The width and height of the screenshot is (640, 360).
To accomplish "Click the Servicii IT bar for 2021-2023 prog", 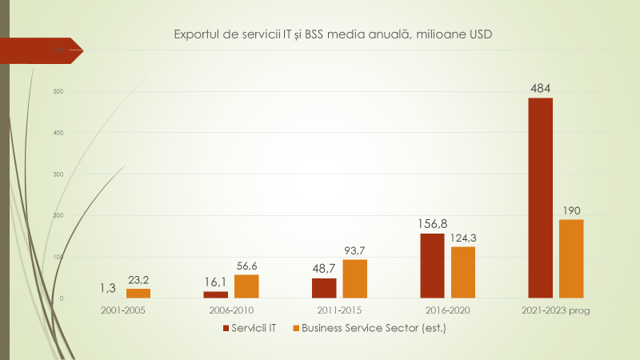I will click(540, 198).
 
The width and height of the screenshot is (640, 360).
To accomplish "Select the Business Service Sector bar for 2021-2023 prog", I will click(571, 258).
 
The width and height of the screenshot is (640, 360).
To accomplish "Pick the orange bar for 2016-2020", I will click(463, 272).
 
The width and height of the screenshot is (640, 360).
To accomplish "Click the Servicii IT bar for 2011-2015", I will click(324, 288).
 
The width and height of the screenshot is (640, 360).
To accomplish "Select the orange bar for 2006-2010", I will click(246, 286).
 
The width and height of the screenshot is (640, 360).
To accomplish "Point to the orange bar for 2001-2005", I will click(138, 294).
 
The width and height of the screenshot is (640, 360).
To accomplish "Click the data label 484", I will click(540, 89).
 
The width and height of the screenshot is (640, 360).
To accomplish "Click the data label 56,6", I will click(246, 266).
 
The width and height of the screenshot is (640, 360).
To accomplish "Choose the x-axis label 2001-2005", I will click(124, 310).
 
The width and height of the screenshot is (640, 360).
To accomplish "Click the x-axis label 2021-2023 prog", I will click(555, 310).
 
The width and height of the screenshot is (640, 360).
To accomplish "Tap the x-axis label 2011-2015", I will click(339, 310).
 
